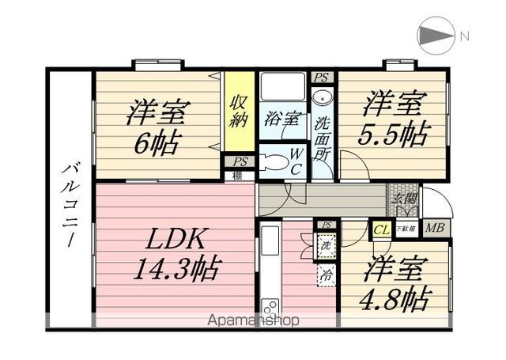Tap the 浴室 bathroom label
pyautogui.click(x=281, y=119)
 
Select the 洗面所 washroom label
pyautogui.click(x=323, y=138)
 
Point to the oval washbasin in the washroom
pyautogui.click(x=321, y=99)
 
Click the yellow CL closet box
pyautogui.click(x=381, y=229)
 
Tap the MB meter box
pyautogui.click(x=434, y=229)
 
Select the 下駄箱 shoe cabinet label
pyautogui.click(x=405, y=229)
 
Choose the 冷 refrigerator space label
pyautogui.click(x=326, y=275)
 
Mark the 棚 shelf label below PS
pyautogui.click(x=237, y=176)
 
